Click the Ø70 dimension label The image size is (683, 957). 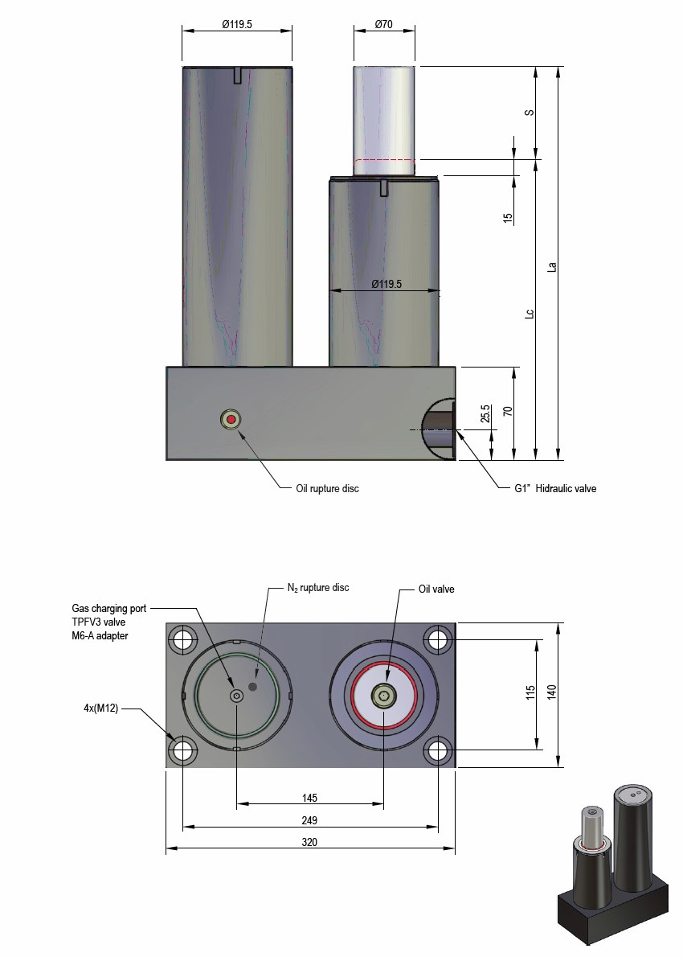383,25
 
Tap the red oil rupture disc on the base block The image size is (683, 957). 232,419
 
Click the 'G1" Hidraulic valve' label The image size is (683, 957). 554,488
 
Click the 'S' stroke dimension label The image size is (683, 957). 530,113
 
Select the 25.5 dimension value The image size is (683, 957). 485,413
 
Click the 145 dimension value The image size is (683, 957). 309,798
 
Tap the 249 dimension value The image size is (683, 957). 309,821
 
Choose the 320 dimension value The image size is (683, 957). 309,844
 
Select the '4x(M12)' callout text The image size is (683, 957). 101,709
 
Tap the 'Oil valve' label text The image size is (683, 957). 436,589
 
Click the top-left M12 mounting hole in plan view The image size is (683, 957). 182,640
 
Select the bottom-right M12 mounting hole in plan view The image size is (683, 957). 438,750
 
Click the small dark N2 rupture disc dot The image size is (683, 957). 254,687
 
